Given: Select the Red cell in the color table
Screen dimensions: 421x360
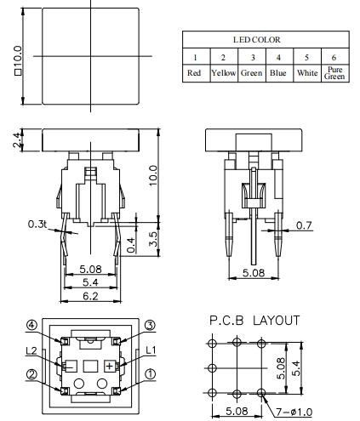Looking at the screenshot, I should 196,73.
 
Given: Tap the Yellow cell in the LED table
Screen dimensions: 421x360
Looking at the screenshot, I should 223,73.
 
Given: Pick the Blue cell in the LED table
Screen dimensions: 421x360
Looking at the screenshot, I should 277,73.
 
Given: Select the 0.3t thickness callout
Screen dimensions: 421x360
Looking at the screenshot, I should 37,225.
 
